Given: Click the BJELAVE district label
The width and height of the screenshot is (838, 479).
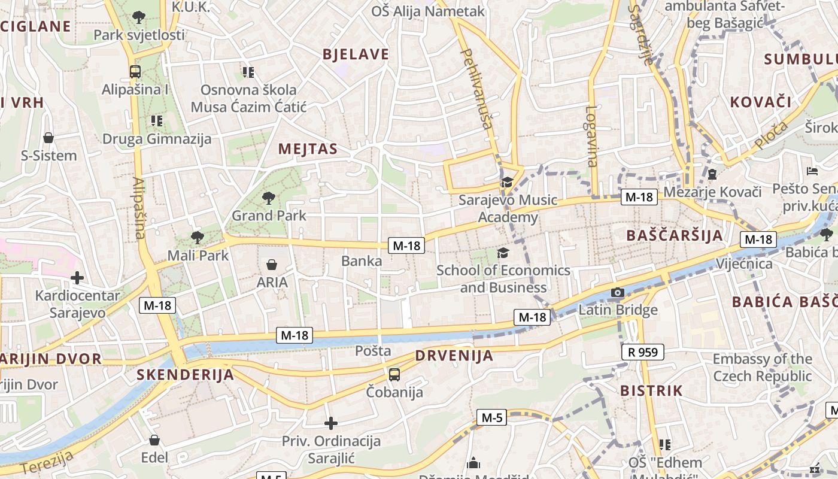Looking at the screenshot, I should point(356,54).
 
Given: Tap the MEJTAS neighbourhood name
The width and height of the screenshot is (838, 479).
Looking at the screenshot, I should point(308,149).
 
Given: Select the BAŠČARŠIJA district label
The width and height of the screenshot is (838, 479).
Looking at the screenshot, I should point(675,235).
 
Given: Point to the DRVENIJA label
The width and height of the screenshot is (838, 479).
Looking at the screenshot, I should point(454,356).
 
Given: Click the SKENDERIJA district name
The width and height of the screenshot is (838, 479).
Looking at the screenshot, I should point(185,375).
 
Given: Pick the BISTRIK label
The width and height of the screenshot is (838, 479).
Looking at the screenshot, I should point(651,391).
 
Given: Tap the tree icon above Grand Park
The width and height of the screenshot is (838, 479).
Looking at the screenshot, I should point(269,198).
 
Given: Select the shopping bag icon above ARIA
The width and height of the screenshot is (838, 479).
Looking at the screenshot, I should point(272,265).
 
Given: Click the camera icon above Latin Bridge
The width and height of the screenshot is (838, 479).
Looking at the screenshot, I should point(618,293).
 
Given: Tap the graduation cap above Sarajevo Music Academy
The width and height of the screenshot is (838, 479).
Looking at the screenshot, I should point(508,182).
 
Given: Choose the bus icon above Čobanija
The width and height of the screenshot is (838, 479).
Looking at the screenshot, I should point(394,375).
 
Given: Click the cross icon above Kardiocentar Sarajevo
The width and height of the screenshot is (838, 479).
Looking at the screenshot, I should point(77,278).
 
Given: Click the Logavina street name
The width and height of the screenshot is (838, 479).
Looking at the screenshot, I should point(591,136).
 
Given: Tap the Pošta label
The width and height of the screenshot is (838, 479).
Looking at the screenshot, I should point(373,351).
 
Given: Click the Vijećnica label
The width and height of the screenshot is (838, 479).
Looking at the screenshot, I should point(744,263).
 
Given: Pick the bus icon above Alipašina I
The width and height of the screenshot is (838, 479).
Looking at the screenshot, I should point(135,72).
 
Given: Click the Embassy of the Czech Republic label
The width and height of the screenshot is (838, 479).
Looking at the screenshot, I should point(762,368).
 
